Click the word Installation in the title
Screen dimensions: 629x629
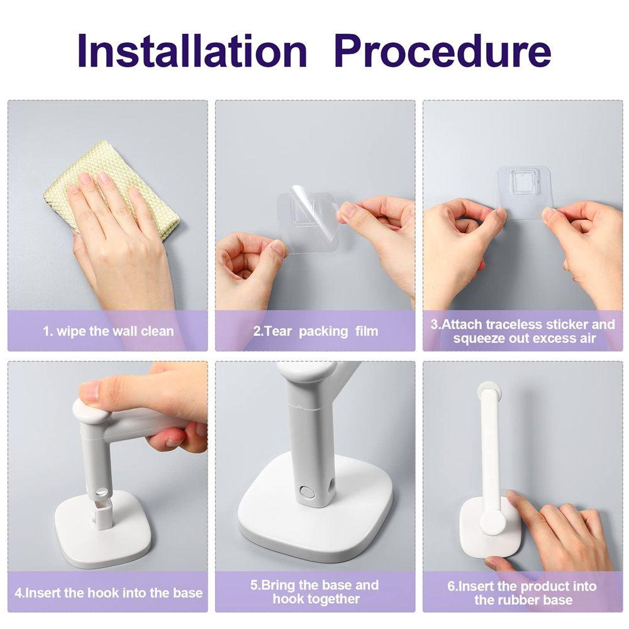[x=192, y=51]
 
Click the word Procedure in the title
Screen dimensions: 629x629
[x=442, y=51]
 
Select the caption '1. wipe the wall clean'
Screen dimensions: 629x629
[x=108, y=331]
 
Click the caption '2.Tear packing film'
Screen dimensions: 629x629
[x=316, y=331]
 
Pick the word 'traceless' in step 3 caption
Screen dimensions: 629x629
[x=515, y=324]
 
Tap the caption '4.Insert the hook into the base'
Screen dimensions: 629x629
[x=108, y=593]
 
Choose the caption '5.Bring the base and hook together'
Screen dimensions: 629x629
[x=315, y=592]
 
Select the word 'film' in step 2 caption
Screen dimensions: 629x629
[x=367, y=331]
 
